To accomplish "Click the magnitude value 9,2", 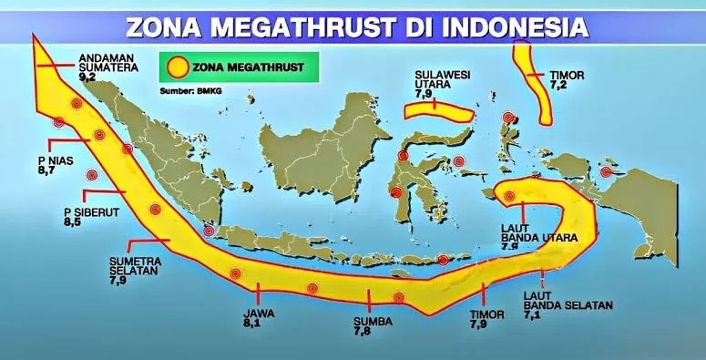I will [x=88, y=78].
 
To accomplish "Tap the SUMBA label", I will [x=372, y=322].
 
